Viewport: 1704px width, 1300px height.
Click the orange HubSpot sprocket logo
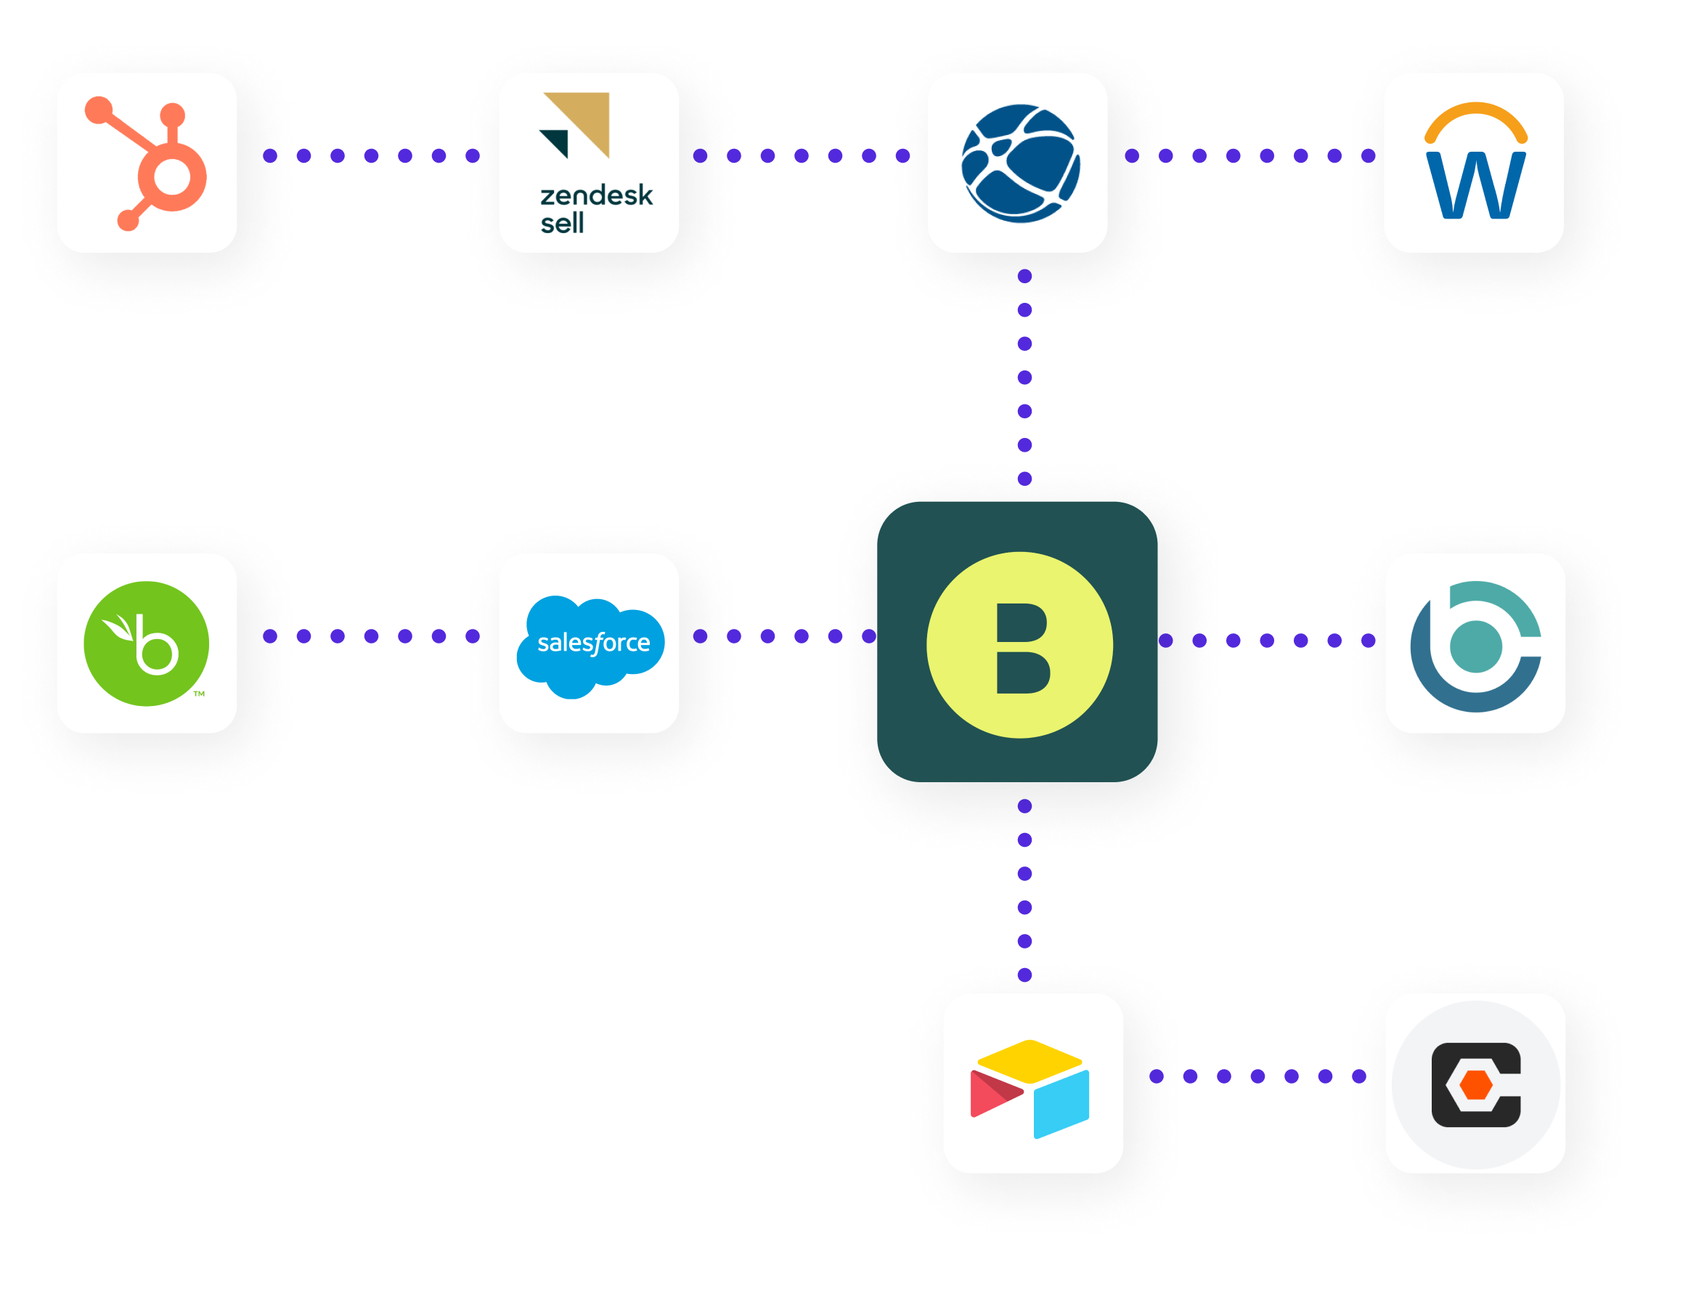tap(147, 163)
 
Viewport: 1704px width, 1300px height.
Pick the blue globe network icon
tap(1020, 163)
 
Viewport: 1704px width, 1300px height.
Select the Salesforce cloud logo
tap(591, 646)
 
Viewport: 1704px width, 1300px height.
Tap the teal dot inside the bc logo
tap(1475, 646)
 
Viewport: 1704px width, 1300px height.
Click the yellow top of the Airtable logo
tap(1030, 1060)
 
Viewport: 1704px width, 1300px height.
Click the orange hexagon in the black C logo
tap(1475, 1085)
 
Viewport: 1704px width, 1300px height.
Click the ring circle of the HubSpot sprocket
tap(172, 177)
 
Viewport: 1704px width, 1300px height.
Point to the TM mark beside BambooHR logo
tap(199, 694)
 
